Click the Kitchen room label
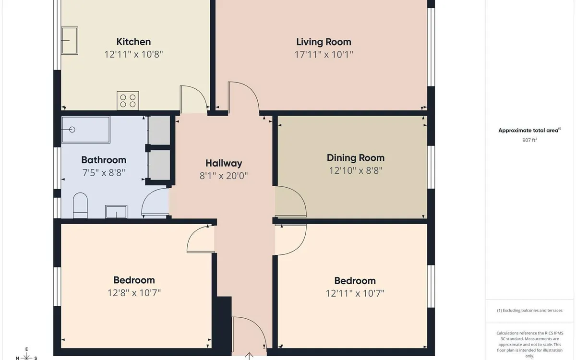click(x=133, y=42)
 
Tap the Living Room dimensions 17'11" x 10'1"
click(x=324, y=54)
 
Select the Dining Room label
click(x=355, y=157)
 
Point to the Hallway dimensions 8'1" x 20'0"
click(x=224, y=176)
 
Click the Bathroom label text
click(x=104, y=160)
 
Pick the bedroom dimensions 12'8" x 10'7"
click(x=134, y=293)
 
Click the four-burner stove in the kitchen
click(x=128, y=101)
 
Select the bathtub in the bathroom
click(x=86, y=130)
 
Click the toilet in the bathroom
click(x=80, y=205)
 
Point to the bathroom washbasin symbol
click(x=116, y=212)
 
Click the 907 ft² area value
click(x=529, y=141)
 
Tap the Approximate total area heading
click(x=529, y=130)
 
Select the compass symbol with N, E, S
click(x=27, y=355)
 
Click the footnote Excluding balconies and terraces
click(x=529, y=311)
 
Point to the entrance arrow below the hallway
click(x=249, y=356)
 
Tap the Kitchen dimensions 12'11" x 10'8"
click(x=133, y=54)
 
